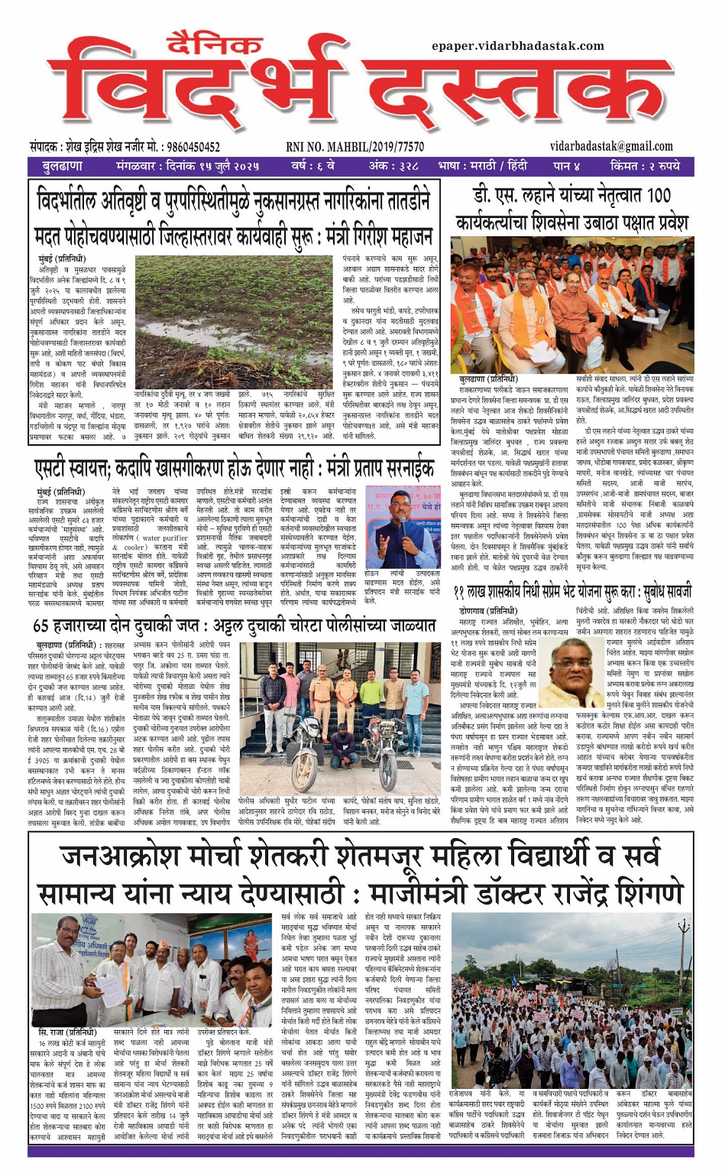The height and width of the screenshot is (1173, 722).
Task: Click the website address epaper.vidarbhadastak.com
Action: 517,46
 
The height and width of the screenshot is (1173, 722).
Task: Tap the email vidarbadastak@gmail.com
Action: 611,146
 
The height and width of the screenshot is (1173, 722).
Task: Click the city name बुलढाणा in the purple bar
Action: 63,166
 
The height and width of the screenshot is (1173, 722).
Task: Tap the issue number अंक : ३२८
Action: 393,166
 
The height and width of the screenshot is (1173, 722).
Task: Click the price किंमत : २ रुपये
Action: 646,166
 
